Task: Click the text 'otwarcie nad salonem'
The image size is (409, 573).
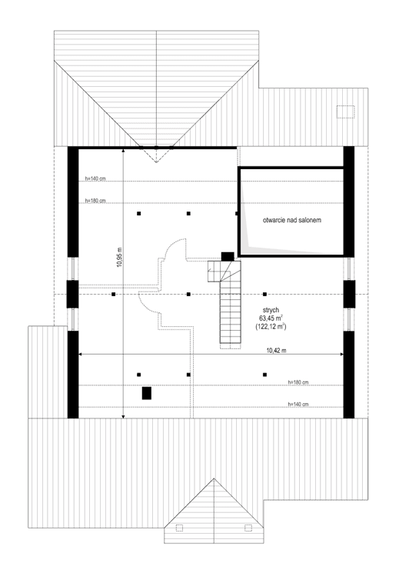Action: (x=291, y=220)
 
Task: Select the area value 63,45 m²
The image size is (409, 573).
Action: (x=270, y=317)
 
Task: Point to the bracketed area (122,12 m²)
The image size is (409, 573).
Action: (x=270, y=327)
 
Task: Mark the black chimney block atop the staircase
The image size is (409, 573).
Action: (x=228, y=256)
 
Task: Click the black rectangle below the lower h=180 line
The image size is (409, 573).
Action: (x=146, y=393)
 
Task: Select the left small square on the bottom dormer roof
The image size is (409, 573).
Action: (x=179, y=528)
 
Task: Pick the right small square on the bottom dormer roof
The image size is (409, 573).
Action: (x=247, y=528)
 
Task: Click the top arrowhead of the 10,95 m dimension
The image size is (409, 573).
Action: (x=124, y=151)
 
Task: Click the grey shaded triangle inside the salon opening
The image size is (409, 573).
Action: (x=254, y=238)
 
